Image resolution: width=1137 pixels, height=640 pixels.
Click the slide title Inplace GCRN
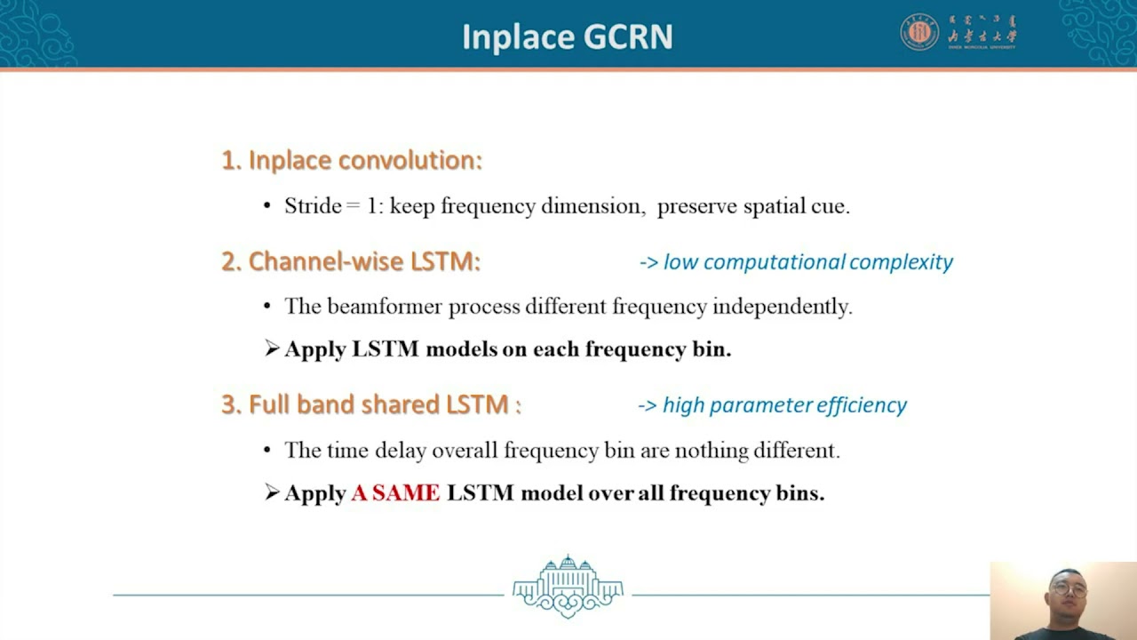pyautogui.click(x=567, y=37)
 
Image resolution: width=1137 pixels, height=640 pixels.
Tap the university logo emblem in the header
pyautogui.click(x=919, y=32)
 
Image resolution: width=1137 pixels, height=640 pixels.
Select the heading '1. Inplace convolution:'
pyautogui.click(x=352, y=160)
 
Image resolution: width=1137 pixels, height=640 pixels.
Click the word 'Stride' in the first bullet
pyautogui.click(x=313, y=206)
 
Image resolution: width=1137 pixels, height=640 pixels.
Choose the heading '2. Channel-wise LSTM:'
pyautogui.click(x=351, y=261)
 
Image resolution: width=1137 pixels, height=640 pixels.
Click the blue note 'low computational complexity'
pyautogui.click(x=807, y=261)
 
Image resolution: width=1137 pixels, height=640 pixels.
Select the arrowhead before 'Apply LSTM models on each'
pyautogui.click(x=272, y=348)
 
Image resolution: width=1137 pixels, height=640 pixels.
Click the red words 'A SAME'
pyautogui.click(x=395, y=492)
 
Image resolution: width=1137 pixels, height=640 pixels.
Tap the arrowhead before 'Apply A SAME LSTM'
pyautogui.click(x=272, y=492)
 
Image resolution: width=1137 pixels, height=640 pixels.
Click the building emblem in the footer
pyautogui.click(x=568, y=586)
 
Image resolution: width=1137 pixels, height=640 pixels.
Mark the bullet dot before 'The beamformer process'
pyautogui.click(x=267, y=307)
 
